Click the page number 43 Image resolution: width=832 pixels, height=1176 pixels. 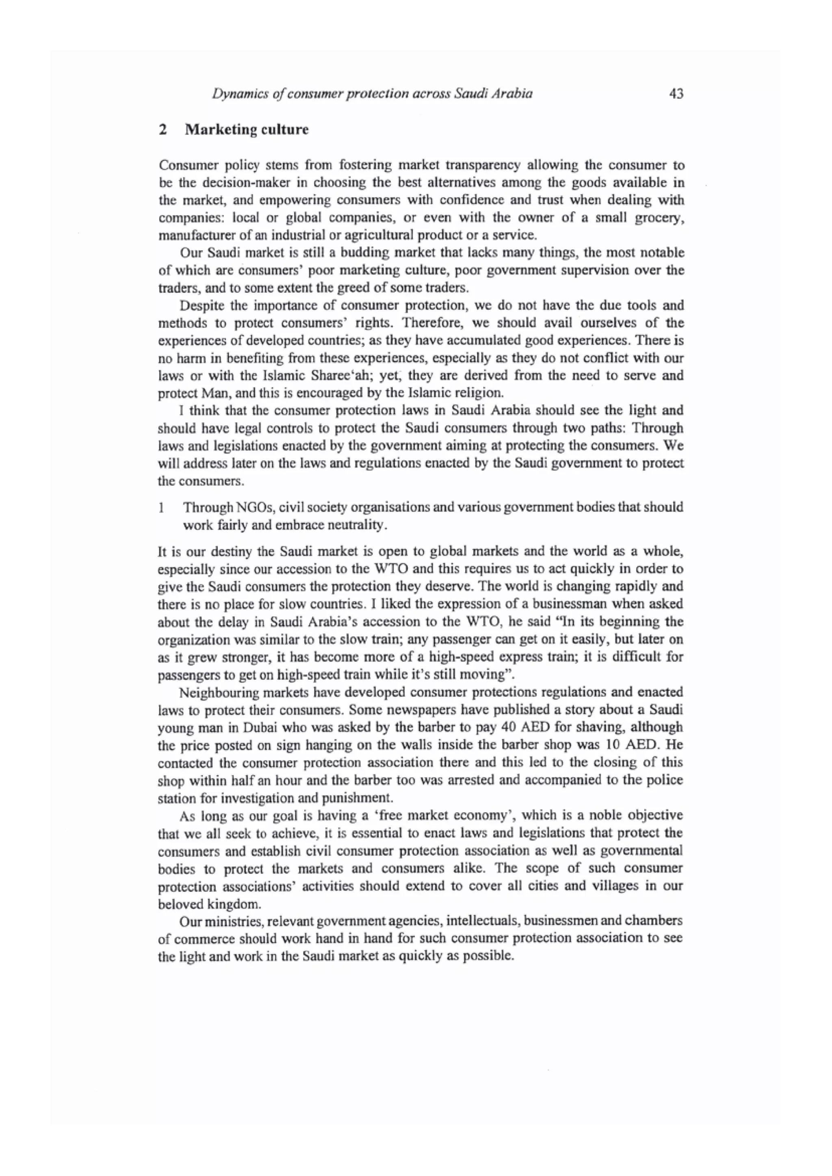tap(676, 94)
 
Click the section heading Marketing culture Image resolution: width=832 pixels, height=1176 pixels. tap(247, 130)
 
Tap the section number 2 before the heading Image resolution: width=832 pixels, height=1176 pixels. tap(163, 130)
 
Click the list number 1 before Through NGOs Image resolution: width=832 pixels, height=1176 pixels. tap(161, 508)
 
